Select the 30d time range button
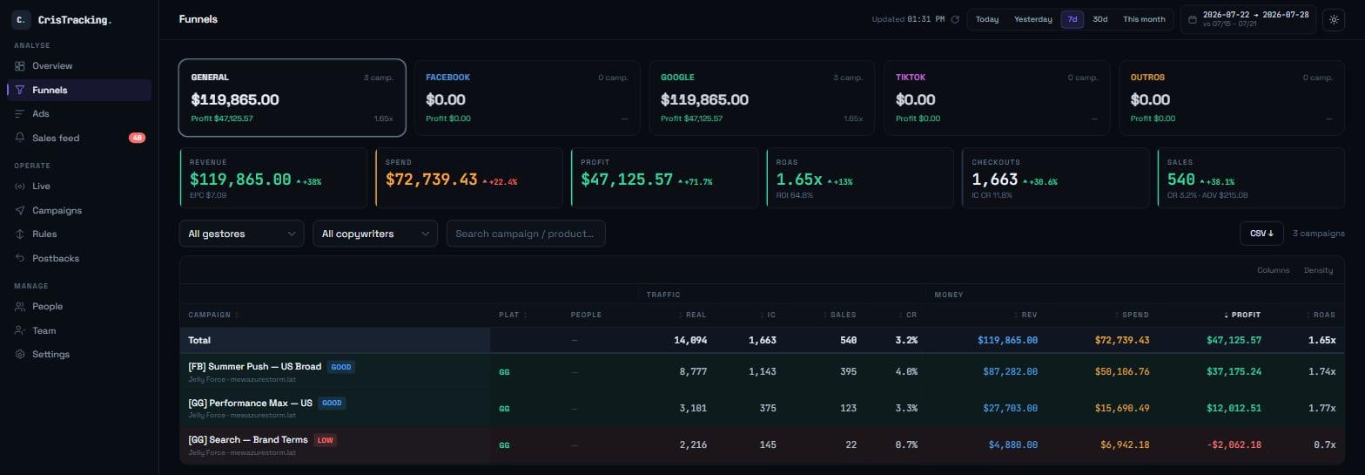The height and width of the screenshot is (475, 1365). coord(1100,19)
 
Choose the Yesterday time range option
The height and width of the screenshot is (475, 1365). coord(1032,19)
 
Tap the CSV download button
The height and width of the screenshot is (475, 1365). coord(1261,234)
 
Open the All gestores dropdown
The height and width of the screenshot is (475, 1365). coord(241,234)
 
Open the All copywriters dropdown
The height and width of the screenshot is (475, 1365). coord(374,234)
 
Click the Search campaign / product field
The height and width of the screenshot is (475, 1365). coord(525,234)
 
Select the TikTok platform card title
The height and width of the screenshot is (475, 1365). coord(911,78)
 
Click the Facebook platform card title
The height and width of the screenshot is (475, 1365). coord(447,78)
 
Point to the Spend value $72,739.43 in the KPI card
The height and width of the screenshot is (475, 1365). coord(432,180)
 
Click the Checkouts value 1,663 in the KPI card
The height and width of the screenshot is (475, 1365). coord(994,180)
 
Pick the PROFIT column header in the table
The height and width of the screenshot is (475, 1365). coord(1246,315)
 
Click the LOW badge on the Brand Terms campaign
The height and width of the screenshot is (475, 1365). coord(326,440)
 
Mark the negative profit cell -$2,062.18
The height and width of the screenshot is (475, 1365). coord(1234,445)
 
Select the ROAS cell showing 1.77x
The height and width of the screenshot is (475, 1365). coord(1321,408)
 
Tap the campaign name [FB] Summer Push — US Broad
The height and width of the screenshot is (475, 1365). coord(255,366)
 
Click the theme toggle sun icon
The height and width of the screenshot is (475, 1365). coord(1334,19)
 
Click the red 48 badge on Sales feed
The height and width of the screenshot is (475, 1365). coord(138,138)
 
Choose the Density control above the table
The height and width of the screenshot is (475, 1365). coord(1318,270)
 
